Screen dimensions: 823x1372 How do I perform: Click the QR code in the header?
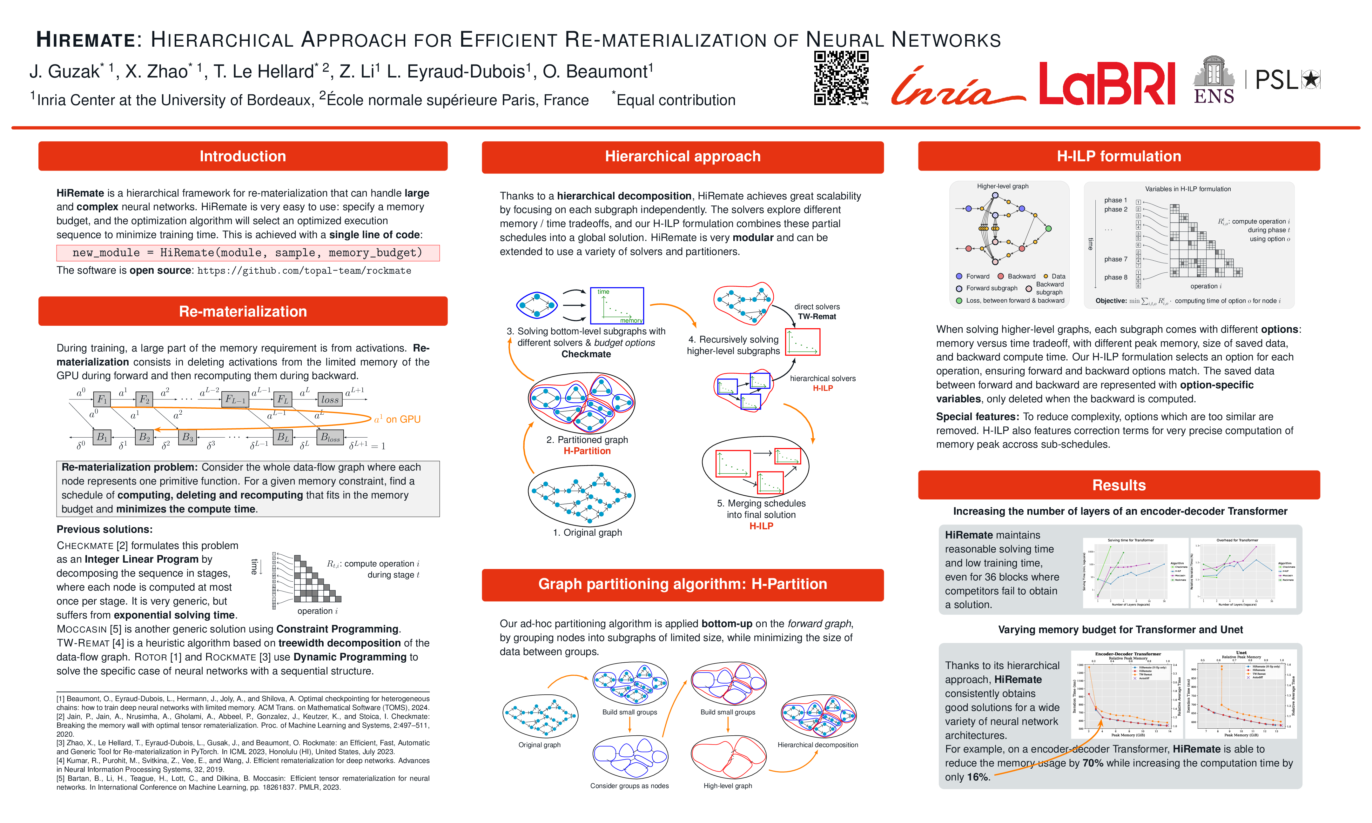pos(841,78)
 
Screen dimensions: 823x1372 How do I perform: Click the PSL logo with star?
pos(1287,80)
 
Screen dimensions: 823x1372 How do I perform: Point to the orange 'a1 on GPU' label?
pos(397,419)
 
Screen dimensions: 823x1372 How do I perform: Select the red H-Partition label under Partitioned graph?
pos(587,451)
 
